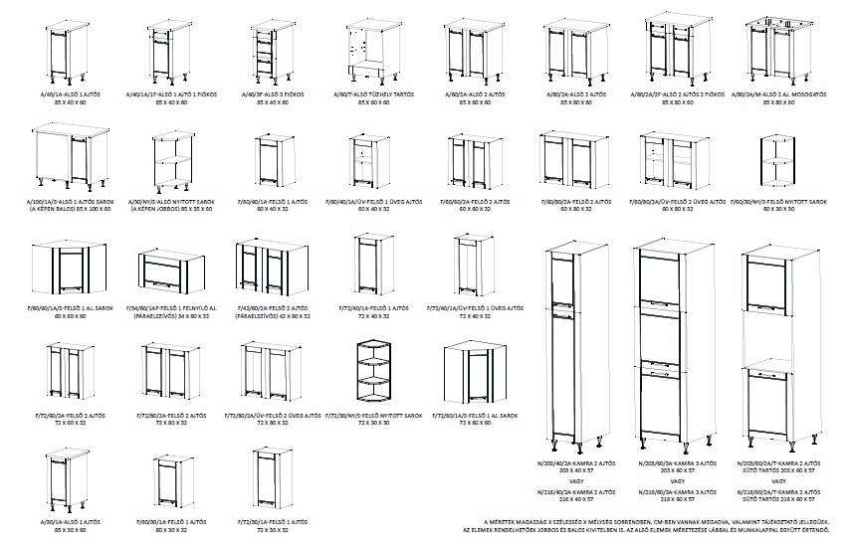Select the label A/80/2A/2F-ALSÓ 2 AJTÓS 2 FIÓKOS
pos(672,94)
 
